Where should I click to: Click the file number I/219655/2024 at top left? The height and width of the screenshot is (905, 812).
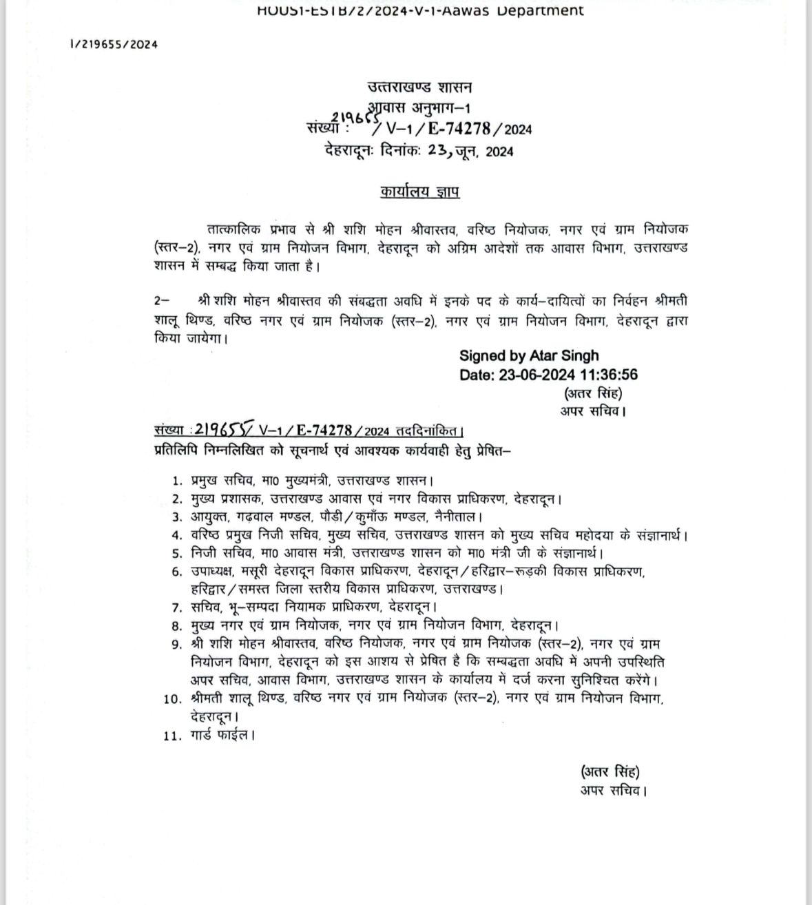point(114,44)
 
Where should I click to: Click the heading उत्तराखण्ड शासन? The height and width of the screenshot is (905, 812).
point(419,87)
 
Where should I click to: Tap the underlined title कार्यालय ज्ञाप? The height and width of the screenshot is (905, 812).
point(419,191)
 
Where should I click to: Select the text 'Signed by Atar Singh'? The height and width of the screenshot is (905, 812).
point(529,356)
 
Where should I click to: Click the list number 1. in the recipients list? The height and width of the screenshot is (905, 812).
point(178,481)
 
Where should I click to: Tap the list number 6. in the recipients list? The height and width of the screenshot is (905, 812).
point(178,571)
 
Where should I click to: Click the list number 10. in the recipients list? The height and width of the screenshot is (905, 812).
point(173,698)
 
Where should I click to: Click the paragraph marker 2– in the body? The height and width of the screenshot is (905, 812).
point(162,301)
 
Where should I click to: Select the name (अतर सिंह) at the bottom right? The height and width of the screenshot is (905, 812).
point(605,771)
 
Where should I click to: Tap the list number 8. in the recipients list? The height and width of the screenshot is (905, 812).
point(178,626)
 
